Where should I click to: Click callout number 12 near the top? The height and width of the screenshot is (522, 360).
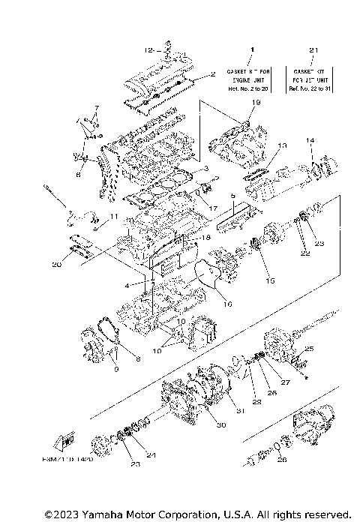(x=149, y=49)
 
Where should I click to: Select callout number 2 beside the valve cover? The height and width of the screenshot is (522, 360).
(x=213, y=74)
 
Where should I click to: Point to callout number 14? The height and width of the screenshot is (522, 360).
(x=310, y=141)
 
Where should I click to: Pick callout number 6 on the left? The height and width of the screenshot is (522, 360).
(x=77, y=174)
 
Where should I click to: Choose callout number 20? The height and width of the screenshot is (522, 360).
(x=57, y=263)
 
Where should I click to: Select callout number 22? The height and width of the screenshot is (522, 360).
(x=306, y=253)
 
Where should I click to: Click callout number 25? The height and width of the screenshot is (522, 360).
(x=308, y=349)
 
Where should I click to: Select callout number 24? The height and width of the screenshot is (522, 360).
(x=152, y=454)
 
